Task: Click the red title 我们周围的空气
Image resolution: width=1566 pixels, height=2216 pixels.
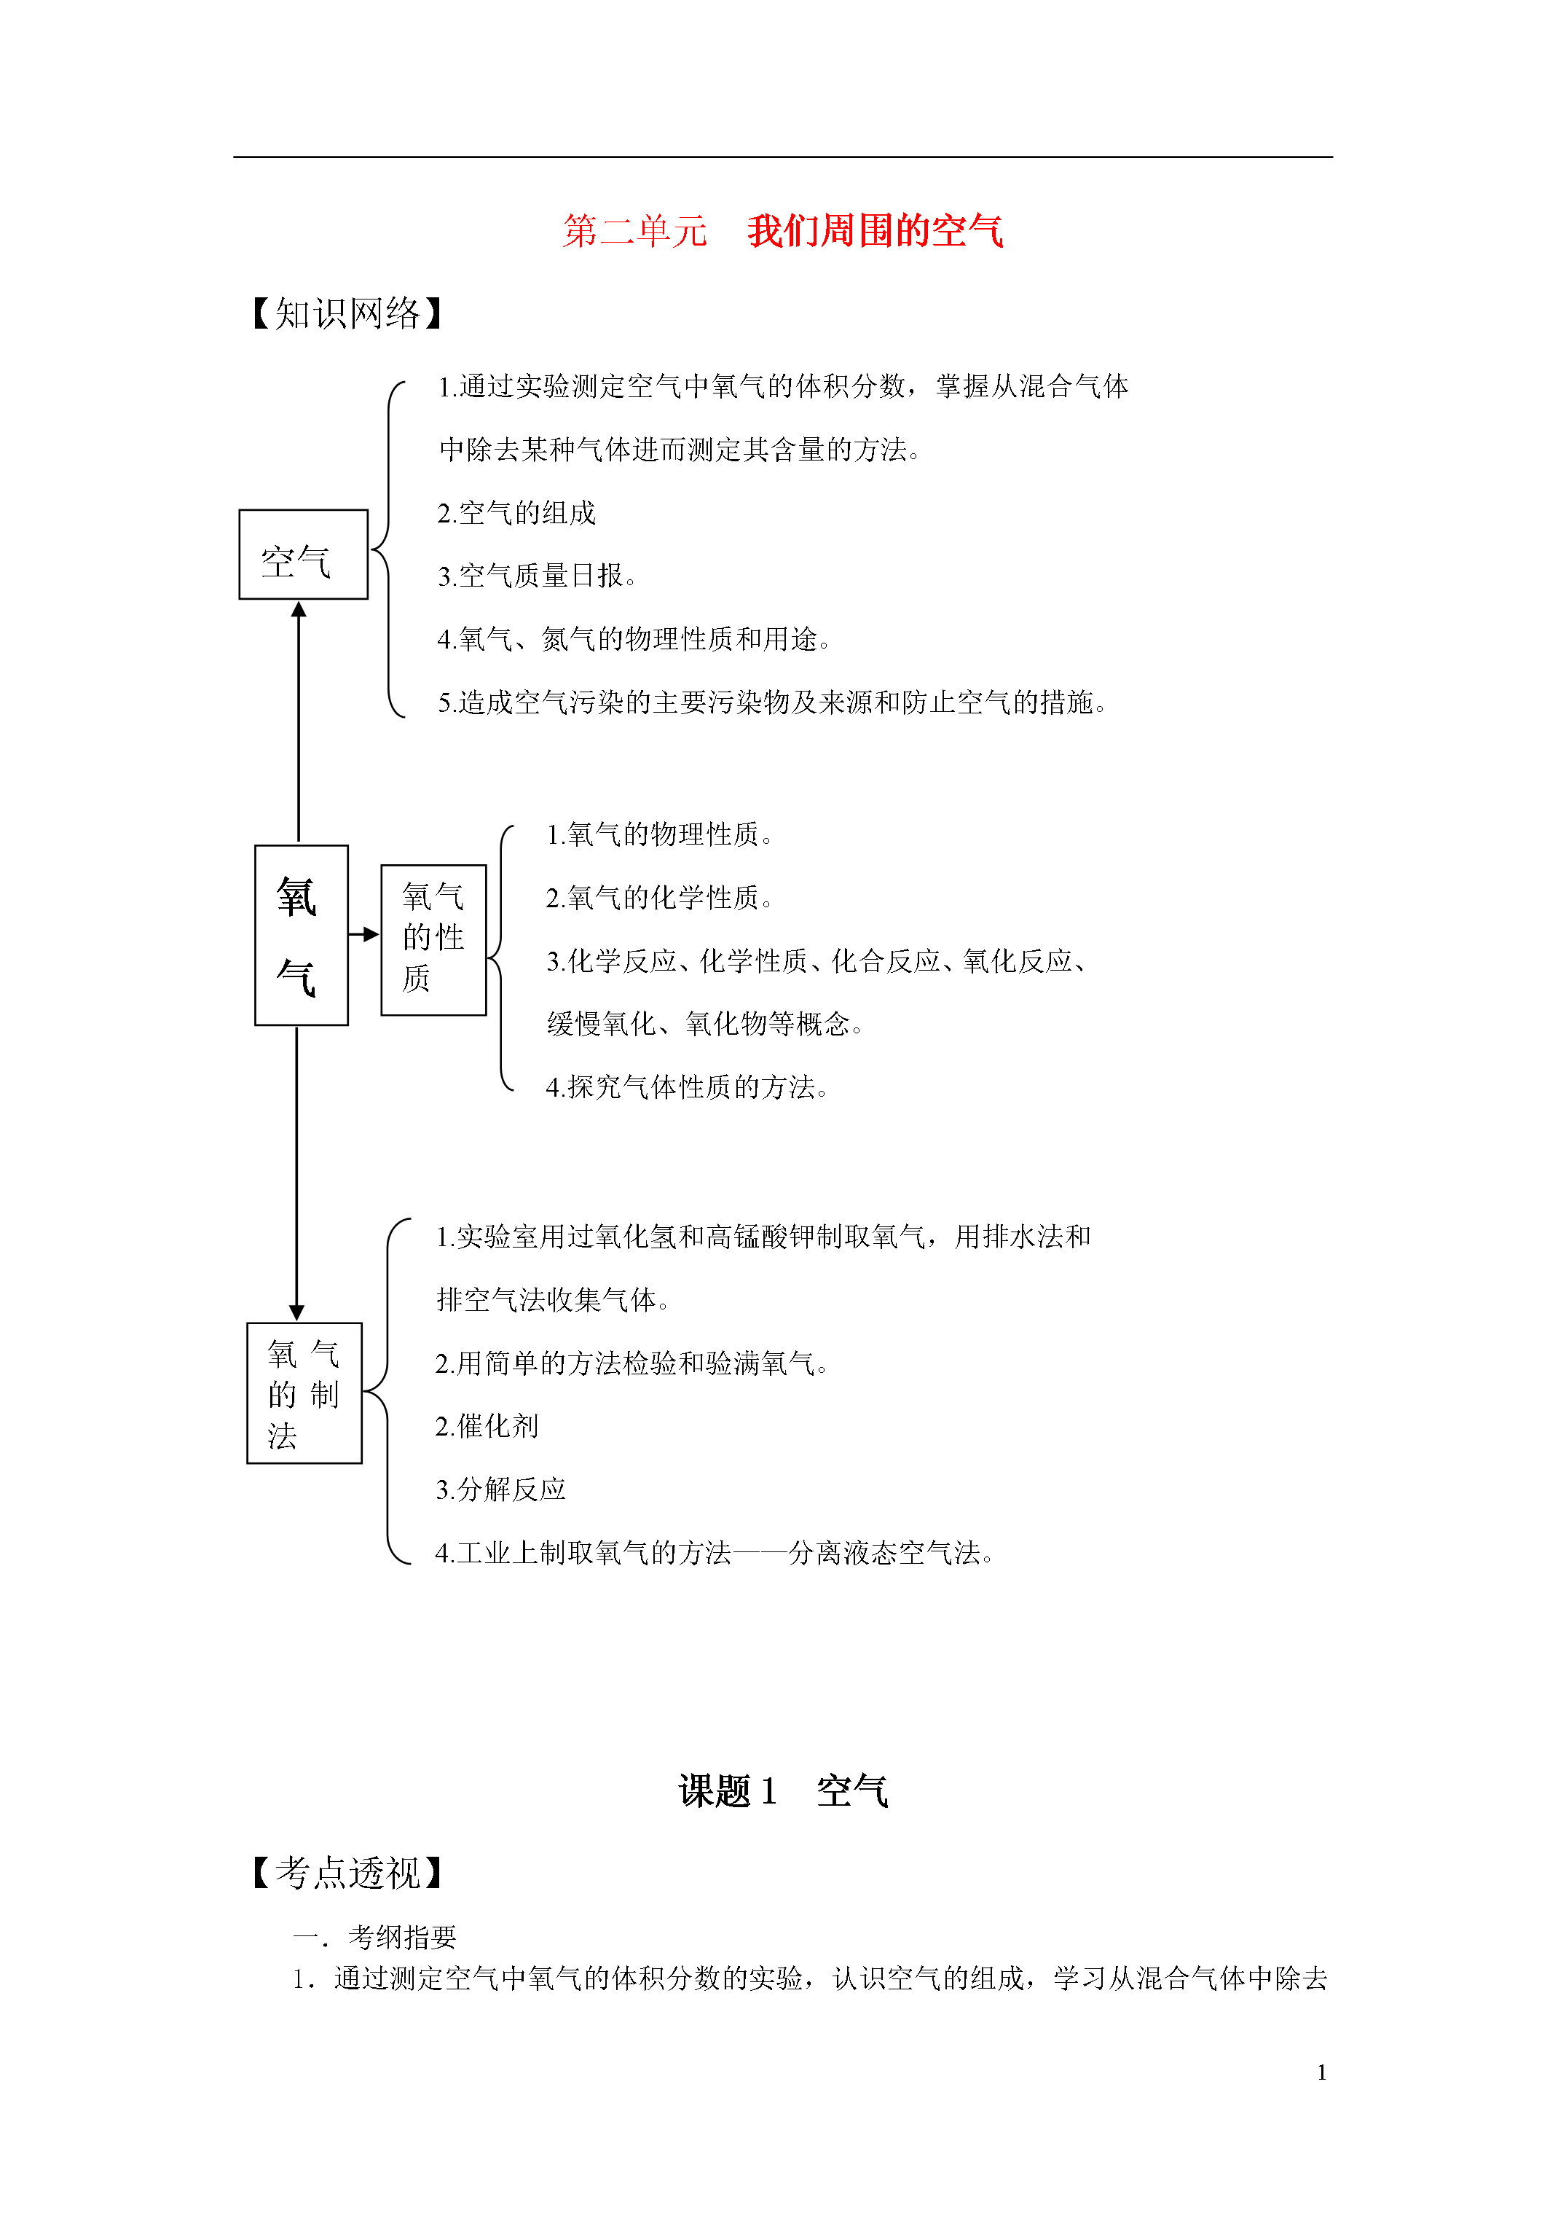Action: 876,232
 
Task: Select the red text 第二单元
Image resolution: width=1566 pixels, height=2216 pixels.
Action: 635,232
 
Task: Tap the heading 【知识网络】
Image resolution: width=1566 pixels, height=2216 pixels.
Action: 347,313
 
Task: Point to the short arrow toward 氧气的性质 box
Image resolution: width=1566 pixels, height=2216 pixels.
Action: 363,934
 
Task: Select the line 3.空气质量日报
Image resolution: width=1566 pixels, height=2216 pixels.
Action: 537,576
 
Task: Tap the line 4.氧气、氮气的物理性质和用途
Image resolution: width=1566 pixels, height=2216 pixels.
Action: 634,639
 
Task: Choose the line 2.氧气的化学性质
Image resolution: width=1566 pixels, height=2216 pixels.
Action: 660,898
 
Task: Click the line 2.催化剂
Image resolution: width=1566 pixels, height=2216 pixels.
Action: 487,1427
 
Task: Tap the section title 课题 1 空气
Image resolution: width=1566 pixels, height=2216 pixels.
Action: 782,1791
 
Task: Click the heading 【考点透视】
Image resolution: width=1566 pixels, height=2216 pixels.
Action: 347,1874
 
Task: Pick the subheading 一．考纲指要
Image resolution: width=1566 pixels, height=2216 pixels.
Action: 374,1937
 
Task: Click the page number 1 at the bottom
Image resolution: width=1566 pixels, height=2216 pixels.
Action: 1322,2072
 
